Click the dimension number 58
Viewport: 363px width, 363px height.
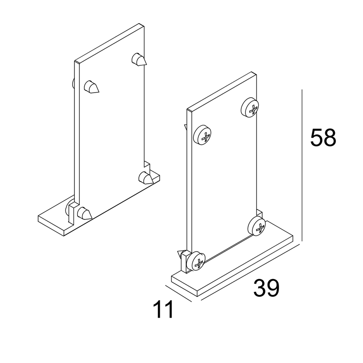coord(323,137)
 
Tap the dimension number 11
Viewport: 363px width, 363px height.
coord(163,309)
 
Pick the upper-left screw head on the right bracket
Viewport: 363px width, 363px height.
coord(202,135)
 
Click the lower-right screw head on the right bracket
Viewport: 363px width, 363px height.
coord(256,226)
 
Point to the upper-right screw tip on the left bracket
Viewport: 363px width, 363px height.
coord(139,59)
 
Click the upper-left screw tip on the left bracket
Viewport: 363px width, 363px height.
coord(91,87)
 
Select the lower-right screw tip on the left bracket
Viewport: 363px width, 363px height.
coord(146,178)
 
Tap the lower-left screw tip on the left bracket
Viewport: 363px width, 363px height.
coord(84,213)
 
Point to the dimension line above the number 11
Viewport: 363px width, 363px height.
coord(178,294)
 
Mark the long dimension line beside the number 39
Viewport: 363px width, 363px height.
coord(251,271)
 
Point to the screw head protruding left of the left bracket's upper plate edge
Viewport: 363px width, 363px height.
coord(73,83)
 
